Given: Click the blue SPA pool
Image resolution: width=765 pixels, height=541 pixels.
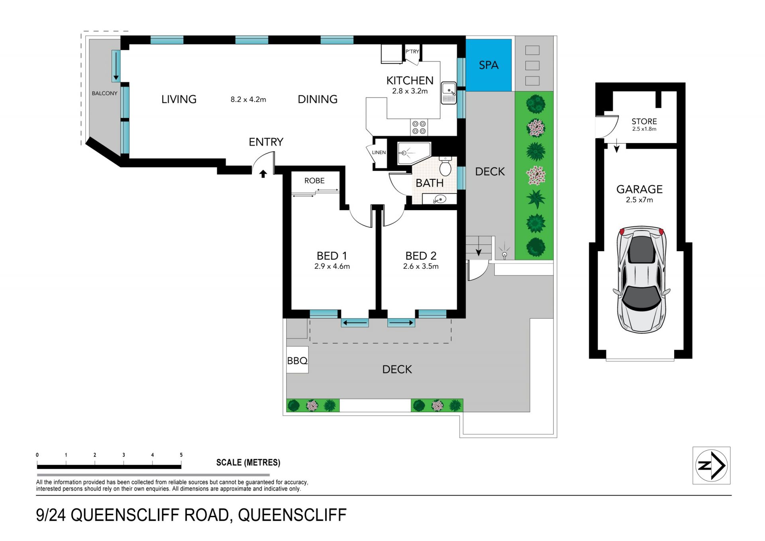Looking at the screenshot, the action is [488, 65].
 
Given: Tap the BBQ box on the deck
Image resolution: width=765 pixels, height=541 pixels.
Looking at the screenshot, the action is [297, 360].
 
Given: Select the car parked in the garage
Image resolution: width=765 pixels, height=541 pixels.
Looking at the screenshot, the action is [641, 279].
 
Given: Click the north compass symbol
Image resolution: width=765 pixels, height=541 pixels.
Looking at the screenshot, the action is [711, 465].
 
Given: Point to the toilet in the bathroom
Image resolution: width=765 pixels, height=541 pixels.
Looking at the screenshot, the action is [445, 166].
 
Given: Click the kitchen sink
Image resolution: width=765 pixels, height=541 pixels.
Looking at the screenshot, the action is [449, 93].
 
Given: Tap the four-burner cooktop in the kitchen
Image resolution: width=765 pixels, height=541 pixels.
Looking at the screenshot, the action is [419, 127].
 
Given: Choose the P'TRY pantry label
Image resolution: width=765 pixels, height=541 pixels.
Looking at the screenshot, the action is [412, 51].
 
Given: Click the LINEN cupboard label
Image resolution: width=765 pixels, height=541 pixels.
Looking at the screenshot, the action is [379, 152].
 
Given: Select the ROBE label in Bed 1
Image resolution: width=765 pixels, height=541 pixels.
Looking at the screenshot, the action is [314, 181].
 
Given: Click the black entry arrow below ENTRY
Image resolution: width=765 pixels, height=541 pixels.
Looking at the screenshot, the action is [263, 174].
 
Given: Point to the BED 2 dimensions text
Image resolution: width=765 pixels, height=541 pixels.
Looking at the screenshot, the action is [421, 266].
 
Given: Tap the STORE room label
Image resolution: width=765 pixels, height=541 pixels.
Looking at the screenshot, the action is [644, 121].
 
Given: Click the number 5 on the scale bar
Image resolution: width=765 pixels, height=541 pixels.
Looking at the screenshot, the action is [181, 455].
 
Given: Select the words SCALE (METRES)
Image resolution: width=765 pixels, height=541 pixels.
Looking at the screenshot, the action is [248, 462].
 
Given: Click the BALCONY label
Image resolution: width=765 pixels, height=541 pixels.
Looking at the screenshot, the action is [104, 93].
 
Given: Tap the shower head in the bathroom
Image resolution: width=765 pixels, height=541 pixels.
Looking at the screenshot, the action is [403, 153].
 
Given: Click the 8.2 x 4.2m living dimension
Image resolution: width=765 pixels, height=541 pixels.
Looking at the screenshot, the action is [248, 99].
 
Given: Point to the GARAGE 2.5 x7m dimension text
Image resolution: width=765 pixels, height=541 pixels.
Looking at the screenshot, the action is [639, 200].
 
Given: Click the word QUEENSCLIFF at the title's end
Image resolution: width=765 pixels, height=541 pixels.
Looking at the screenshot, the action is [292, 515].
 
